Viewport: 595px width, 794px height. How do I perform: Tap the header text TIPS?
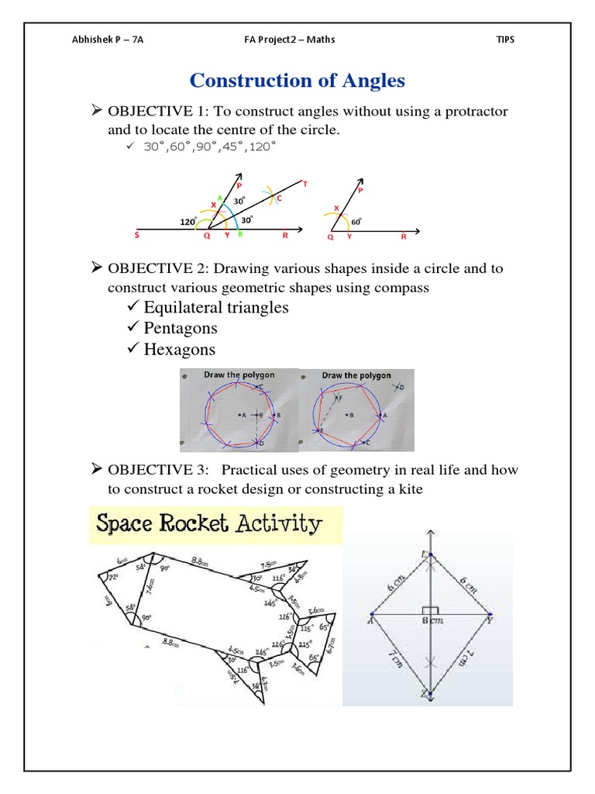point(504,40)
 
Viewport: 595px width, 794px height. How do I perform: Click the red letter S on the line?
point(137,233)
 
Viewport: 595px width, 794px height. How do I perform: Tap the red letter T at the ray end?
point(304,184)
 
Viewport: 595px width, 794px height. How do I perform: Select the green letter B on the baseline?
point(239,233)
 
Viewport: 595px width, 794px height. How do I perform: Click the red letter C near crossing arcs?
point(279,198)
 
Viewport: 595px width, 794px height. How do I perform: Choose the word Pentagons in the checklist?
point(181,328)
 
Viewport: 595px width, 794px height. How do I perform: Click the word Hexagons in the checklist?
point(180,349)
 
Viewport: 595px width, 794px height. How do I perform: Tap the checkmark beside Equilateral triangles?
point(132,308)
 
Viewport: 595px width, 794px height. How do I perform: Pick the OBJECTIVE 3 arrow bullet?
point(97,469)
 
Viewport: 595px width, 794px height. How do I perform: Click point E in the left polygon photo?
point(260,416)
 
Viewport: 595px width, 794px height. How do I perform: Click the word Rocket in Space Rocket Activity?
point(202,524)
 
